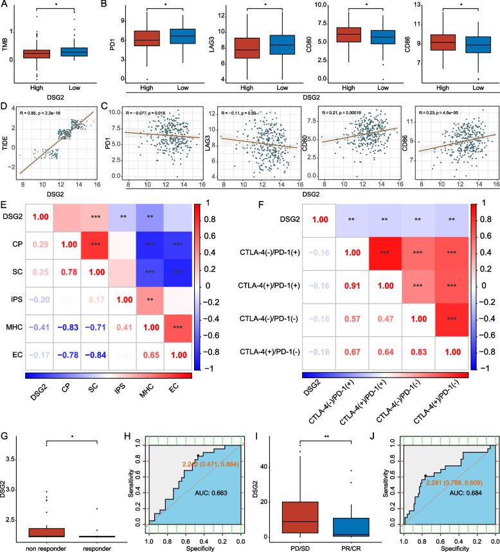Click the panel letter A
pyautogui.click(x=4, y=6)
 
